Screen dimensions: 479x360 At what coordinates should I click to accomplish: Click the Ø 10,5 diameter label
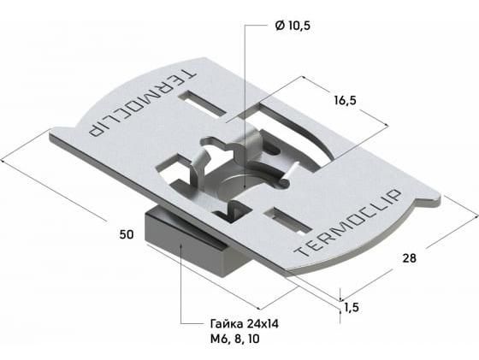[293, 26]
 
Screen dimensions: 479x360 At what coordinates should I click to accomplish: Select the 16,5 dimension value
[345, 100]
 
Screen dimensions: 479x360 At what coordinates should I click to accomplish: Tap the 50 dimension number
[127, 234]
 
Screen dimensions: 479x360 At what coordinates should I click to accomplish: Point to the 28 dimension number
[409, 258]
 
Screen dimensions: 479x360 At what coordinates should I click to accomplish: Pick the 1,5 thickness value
[352, 308]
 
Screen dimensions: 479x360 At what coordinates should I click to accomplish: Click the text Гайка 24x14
[244, 324]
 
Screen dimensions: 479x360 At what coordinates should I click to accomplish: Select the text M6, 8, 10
[234, 339]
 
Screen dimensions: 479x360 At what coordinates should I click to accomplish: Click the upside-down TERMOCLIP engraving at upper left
[141, 103]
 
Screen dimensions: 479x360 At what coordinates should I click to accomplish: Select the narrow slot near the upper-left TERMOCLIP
[203, 103]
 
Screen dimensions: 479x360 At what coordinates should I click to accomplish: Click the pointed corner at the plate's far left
[50, 139]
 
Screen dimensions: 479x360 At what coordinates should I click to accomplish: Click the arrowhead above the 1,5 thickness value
[340, 298]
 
